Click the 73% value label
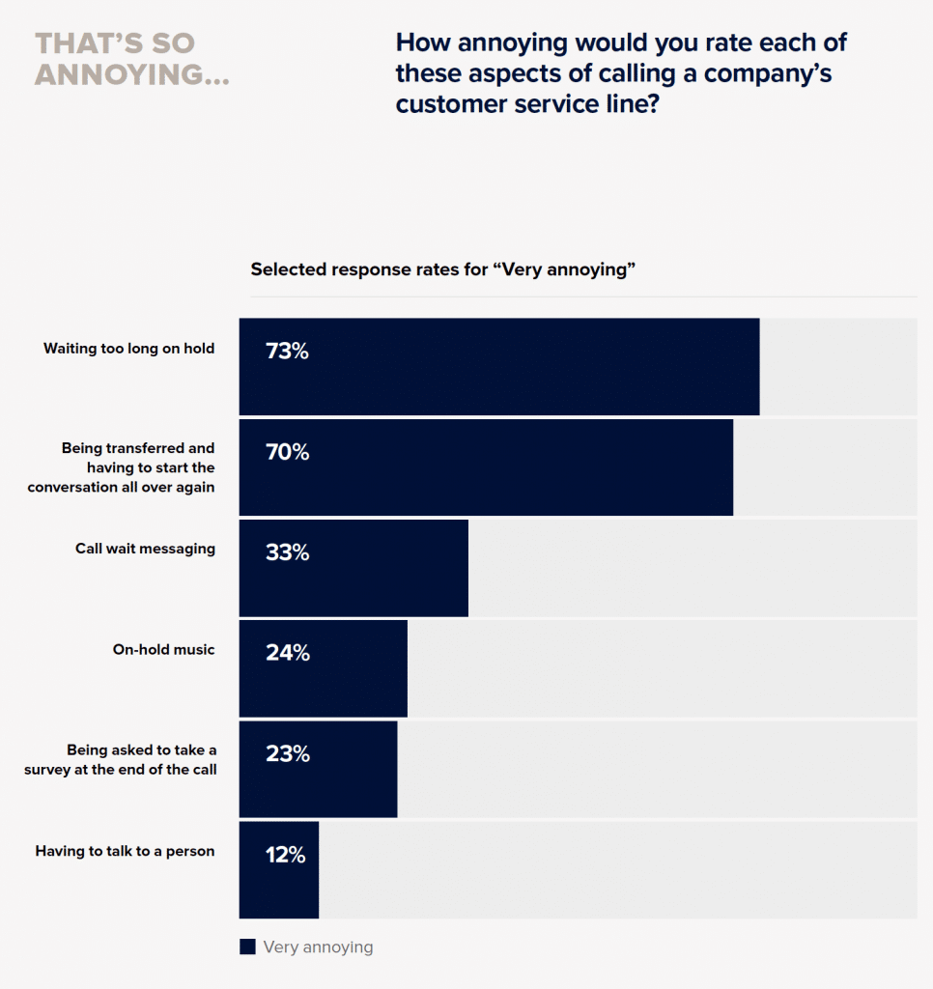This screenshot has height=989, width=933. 287,352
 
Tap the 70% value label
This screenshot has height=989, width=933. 287,452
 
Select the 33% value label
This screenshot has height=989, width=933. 287,552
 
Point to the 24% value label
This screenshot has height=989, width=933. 287,653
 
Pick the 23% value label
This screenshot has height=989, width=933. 287,754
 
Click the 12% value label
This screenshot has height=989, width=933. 285,855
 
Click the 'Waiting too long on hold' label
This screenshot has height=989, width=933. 128,349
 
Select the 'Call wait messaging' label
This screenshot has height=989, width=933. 145,549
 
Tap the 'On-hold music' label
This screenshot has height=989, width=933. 163,650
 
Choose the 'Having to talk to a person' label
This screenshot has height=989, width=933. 125,851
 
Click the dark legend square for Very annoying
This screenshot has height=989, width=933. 247,947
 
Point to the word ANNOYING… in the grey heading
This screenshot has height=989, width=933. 132,74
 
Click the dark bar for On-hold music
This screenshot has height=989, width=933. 323,668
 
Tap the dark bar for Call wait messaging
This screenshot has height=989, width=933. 353,568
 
